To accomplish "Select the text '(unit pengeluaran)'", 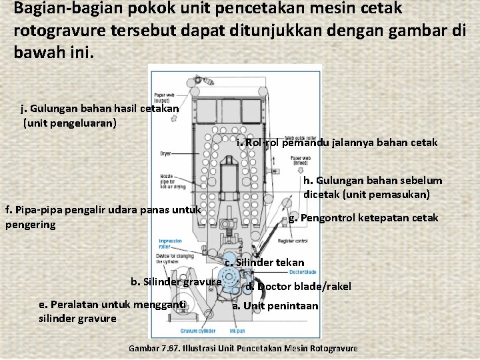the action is tap(70, 123).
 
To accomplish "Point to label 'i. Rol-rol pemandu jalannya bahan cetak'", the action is tap(337, 142).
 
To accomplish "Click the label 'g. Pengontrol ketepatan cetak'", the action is tap(363, 218).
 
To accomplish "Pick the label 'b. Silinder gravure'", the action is tap(176, 281).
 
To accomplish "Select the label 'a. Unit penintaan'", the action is tap(275, 305).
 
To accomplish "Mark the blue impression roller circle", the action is tap(229, 259).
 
